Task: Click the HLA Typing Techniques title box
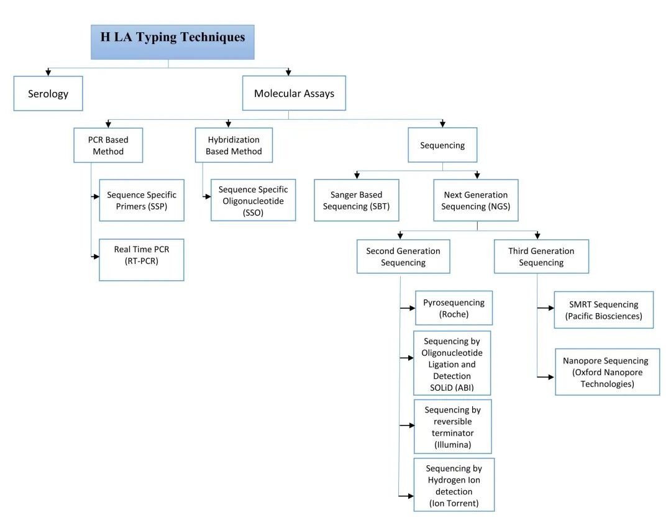[173, 42]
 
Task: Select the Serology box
[48, 93]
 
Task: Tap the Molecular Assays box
[294, 93]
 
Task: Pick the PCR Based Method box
[108, 145]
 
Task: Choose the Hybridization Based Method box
[234, 145]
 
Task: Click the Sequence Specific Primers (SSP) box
[142, 200]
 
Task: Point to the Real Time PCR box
[142, 260]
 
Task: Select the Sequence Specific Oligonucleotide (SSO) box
[253, 200]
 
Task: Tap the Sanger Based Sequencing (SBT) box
[357, 200]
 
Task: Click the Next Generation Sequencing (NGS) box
[476, 200]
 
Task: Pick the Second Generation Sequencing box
[404, 257]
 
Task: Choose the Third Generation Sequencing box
[541, 257]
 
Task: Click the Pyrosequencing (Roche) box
[454, 308]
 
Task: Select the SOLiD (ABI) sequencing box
[452, 363]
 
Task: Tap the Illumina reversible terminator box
[453, 427]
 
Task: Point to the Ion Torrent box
[454, 485]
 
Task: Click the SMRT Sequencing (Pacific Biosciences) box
[604, 310]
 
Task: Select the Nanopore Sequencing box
[608, 372]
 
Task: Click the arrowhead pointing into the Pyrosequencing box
[413, 308]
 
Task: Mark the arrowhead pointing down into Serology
[48, 73]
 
